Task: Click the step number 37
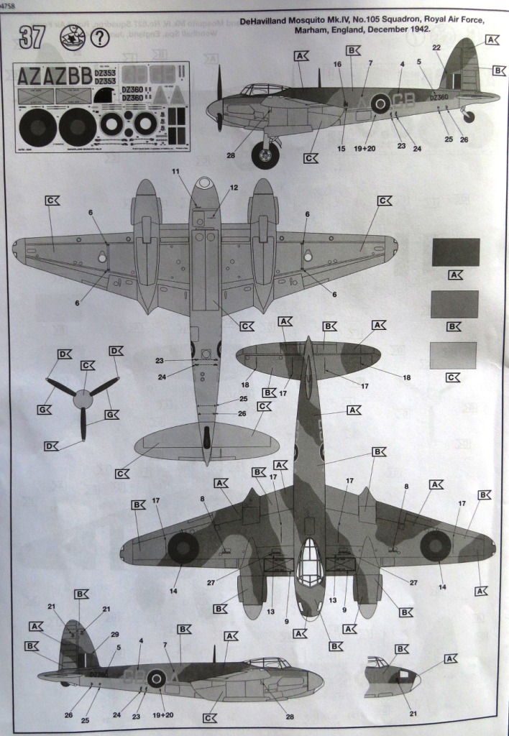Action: click(x=32, y=37)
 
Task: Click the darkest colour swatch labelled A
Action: click(x=455, y=252)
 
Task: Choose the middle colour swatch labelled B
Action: click(x=455, y=304)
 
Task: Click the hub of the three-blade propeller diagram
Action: click(x=83, y=399)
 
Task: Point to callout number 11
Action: click(x=175, y=173)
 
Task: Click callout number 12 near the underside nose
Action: click(x=234, y=188)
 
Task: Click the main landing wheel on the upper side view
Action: click(x=265, y=155)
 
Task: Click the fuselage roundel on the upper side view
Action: click(x=380, y=104)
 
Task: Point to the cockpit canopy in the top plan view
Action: click(x=310, y=561)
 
